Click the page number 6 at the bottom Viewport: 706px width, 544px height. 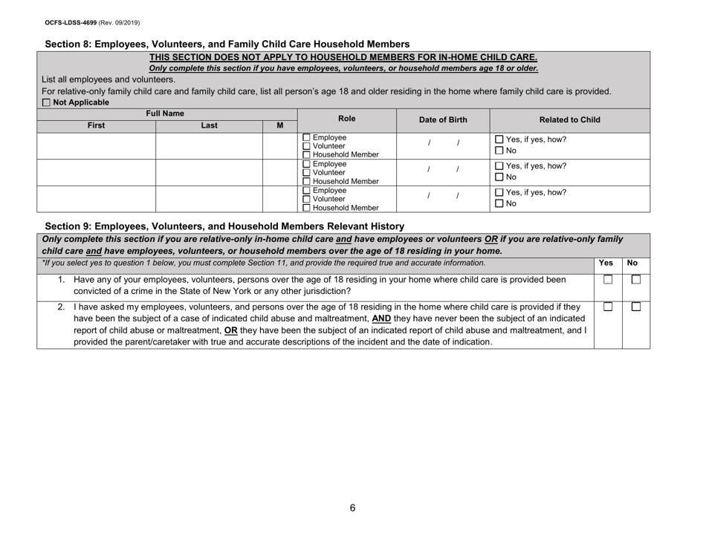pos(353,508)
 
